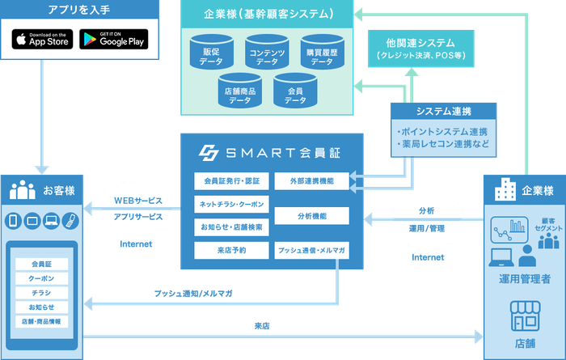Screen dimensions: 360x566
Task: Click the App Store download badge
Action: click(x=43, y=38)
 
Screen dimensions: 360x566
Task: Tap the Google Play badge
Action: click(x=113, y=38)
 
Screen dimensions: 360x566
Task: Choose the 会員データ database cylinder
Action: click(x=295, y=90)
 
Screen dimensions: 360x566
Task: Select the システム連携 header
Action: click(x=443, y=112)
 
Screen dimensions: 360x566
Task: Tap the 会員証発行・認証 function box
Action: click(x=231, y=180)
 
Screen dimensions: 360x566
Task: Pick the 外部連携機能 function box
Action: click(x=311, y=180)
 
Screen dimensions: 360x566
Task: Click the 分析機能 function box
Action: click(x=311, y=215)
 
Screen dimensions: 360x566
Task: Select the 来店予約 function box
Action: click(x=231, y=250)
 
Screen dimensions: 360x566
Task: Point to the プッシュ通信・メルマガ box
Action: click(x=311, y=250)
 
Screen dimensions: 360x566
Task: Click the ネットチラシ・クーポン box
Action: click(x=231, y=204)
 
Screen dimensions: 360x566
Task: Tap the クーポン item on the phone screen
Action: click(x=41, y=277)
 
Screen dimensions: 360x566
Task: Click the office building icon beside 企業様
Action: click(x=505, y=191)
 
